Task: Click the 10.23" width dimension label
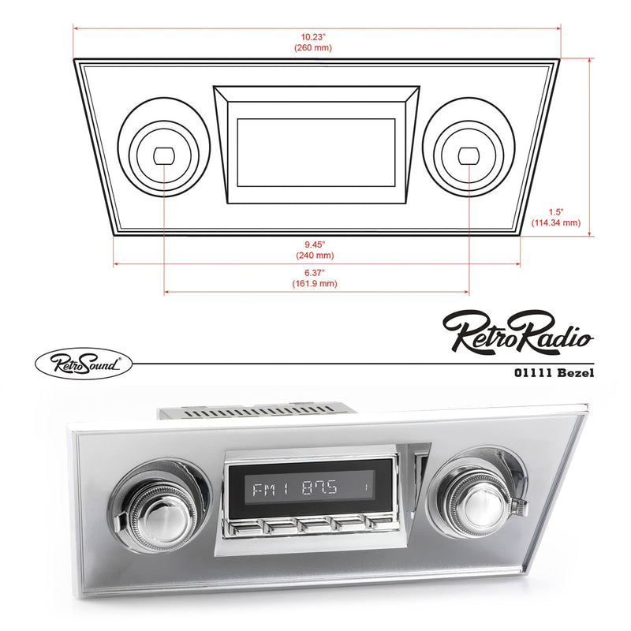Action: pyautogui.click(x=315, y=36)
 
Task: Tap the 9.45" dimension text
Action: pyautogui.click(x=315, y=244)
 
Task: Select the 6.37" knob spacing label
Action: pyautogui.click(x=315, y=272)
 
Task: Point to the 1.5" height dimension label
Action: pyautogui.click(x=556, y=211)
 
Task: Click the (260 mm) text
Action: pyautogui.click(x=315, y=48)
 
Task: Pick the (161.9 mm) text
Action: pyautogui.click(x=315, y=283)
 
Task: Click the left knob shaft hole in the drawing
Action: pyautogui.click(x=164, y=155)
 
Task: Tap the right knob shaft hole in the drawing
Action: pyautogui.click(x=469, y=155)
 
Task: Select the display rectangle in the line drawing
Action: pyautogui.click(x=315, y=151)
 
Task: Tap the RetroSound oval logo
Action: pyautogui.click(x=84, y=363)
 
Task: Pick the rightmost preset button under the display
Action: pyautogui.click(x=379, y=522)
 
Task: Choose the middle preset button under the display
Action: pyautogui.click(x=313, y=525)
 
